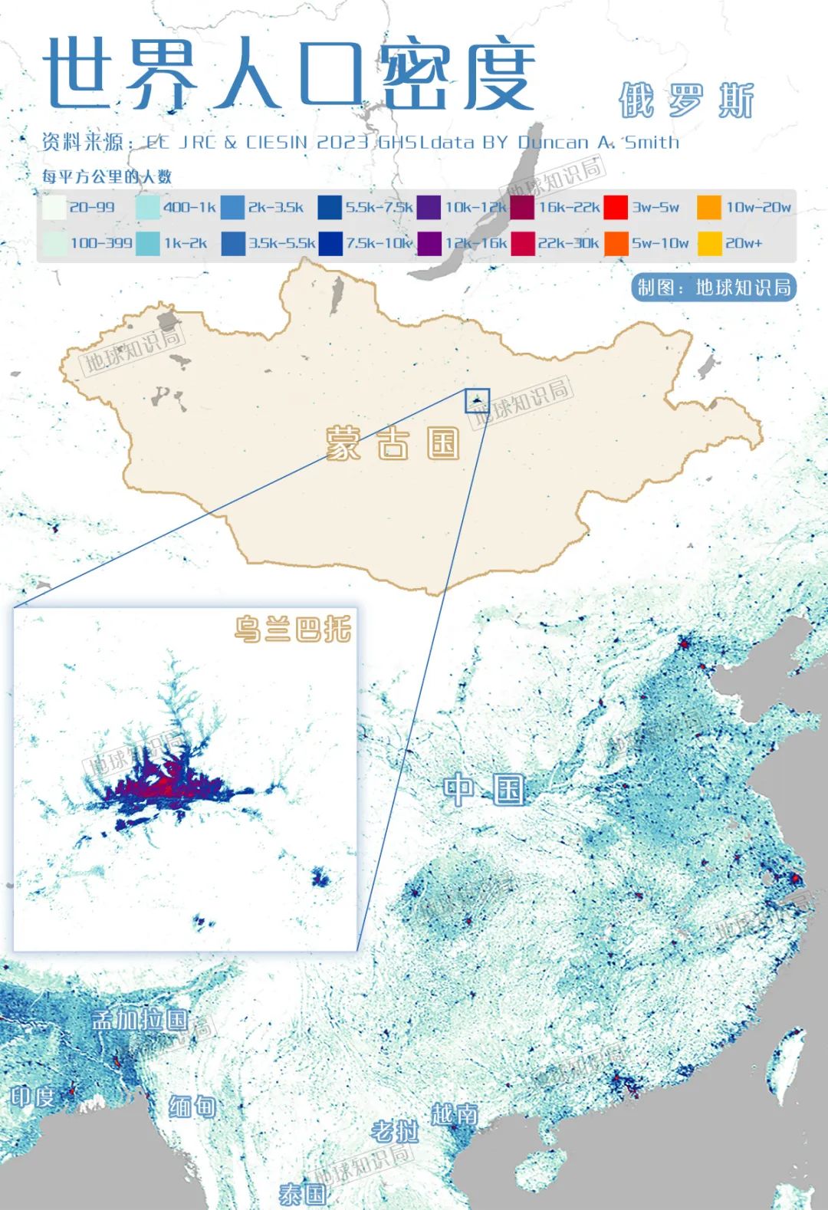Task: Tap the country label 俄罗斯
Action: point(686,100)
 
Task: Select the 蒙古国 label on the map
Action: point(393,443)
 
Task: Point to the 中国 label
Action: point(485,790)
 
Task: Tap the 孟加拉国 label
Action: point(140,1019)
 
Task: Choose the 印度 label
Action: point(33,1096)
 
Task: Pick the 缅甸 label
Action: point(192,1106)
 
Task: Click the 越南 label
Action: point(454,1113)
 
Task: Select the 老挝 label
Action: point(395,1130)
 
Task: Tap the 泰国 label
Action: point(302,1193)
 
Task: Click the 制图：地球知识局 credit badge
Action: point(714,288)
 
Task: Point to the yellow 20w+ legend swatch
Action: point(709,243)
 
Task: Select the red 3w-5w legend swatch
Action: point(616,207)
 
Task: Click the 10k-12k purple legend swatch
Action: point(429,207)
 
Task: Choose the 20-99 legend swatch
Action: point(54,207)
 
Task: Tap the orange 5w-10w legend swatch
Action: point(616,243)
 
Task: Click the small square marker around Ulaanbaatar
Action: point(477,400)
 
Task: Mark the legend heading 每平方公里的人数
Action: point(107,176)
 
